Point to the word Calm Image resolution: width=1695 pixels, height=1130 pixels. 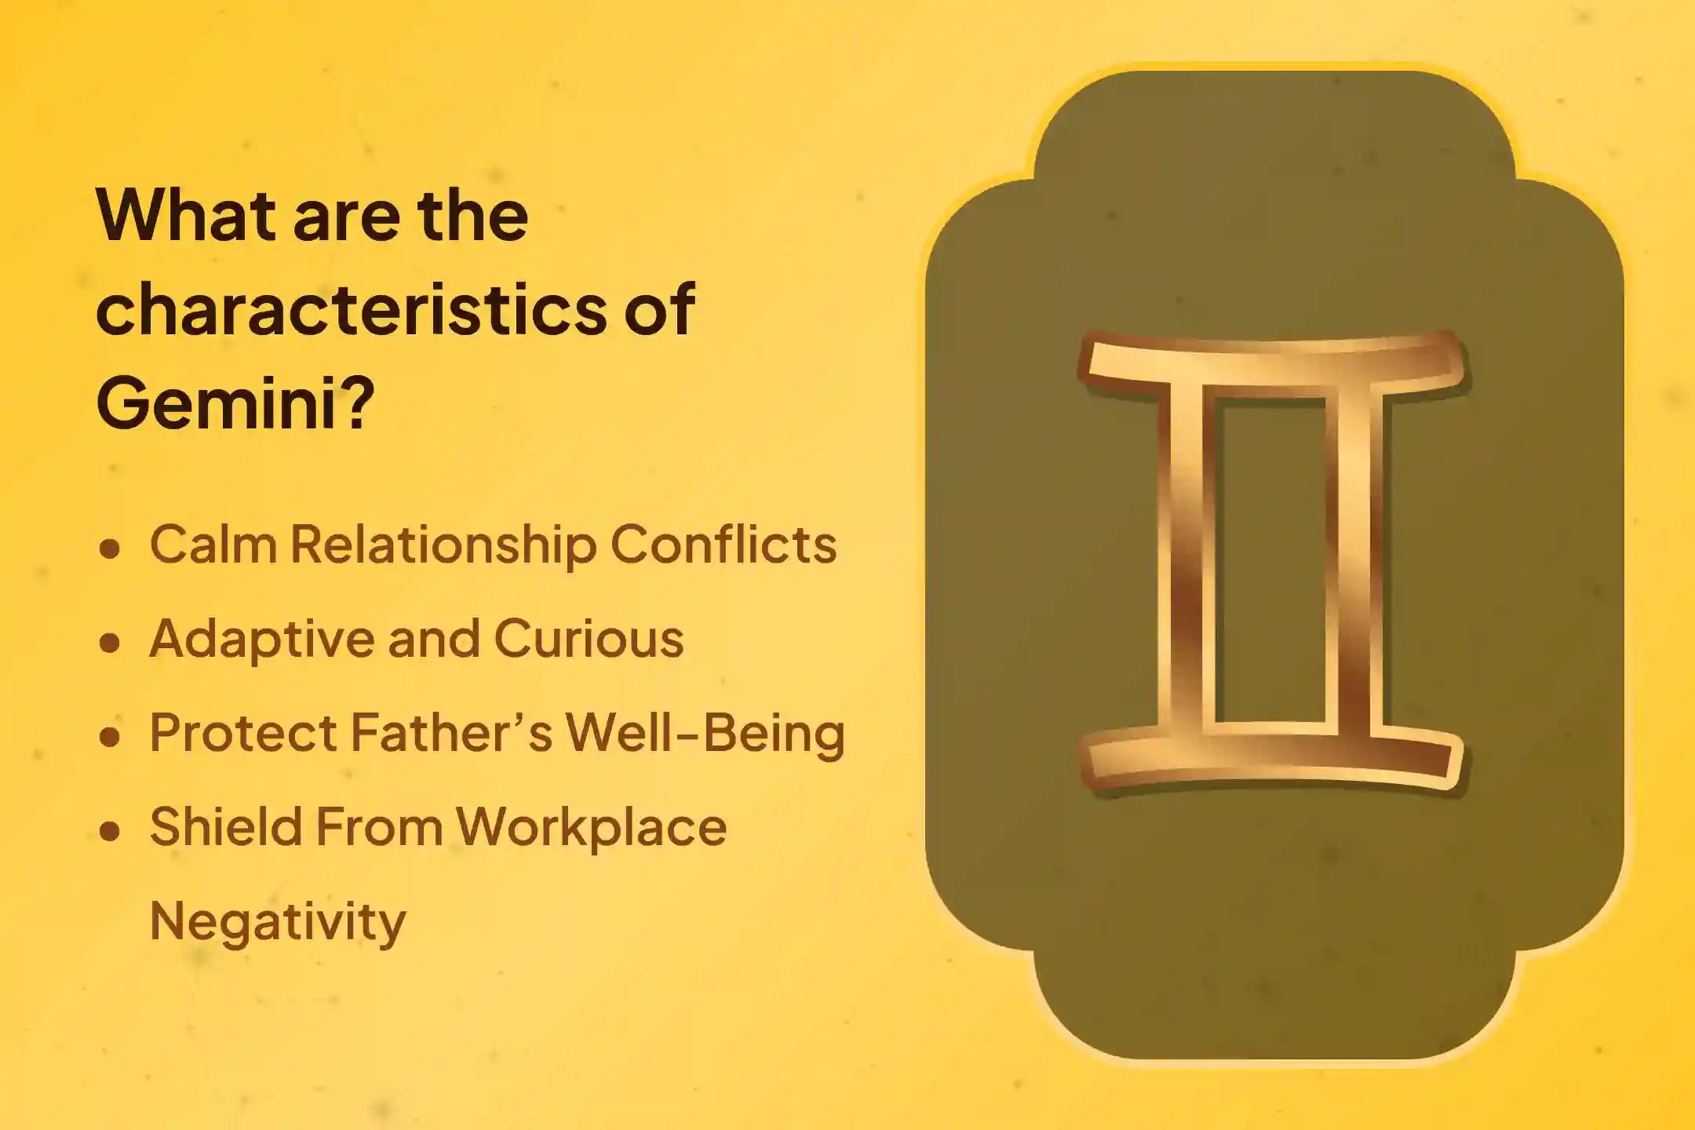pyautogui.click(x=213, y=544)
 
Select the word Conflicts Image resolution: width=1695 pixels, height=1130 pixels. pyautogui.click(x=723, y=544)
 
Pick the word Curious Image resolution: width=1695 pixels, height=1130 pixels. pyautogui.click(x=589, y=638)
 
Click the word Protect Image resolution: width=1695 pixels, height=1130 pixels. pyautogui.click(x=242, y=733)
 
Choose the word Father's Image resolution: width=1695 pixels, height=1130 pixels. pyautogui.click(x=452, y=733)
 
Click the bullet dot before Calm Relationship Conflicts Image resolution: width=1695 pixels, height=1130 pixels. pyautogui.click(x=111, y=549)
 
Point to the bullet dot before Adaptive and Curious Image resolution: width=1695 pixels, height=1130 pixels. pyautogui.click(x=111, y=643)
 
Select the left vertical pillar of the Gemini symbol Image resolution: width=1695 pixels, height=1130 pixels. pyautogui.click(x=1186, y=561)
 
